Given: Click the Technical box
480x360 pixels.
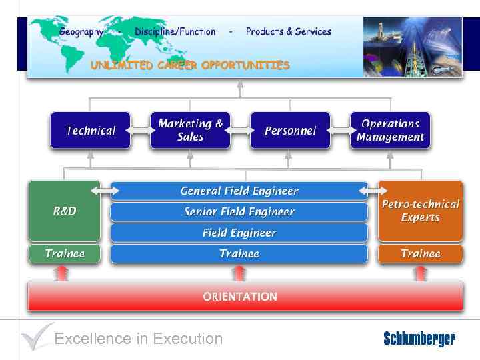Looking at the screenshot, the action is click(90, 130).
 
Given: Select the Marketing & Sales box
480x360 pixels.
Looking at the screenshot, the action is click(190, 130).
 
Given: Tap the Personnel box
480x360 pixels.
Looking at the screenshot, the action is click(290, 130).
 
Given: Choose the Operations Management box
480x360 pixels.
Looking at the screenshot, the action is click(390, 130).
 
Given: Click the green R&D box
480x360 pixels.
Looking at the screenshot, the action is click(64, 211).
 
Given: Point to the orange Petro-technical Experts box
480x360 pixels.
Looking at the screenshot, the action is click(420, 211).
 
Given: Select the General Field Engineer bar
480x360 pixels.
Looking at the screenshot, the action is click(239, 191).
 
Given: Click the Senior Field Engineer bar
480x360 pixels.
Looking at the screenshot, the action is click(239, 212).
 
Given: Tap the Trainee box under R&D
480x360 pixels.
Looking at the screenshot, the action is click(64, 253).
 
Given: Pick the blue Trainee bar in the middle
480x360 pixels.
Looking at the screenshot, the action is click(239, 253).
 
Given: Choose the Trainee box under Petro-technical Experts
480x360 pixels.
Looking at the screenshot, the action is click(420, 253).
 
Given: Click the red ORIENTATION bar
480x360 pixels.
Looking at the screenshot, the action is click(240, 297).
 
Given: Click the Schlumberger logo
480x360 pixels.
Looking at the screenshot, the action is click(419, 339).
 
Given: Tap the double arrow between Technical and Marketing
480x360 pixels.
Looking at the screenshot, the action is click(140, 130).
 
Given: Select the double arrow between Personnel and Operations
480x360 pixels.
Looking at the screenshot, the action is click(340, 130).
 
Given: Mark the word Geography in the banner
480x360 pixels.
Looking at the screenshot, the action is click(81, 31).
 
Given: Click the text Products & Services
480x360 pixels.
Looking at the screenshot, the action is click(288, 31).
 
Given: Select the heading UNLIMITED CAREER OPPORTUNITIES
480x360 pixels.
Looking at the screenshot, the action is click(190, 65).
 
